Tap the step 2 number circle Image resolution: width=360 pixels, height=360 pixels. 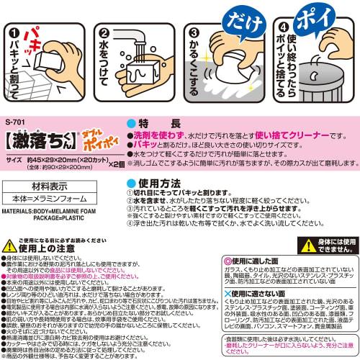click(103, 33)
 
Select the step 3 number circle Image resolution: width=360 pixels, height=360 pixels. click(193, 32)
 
